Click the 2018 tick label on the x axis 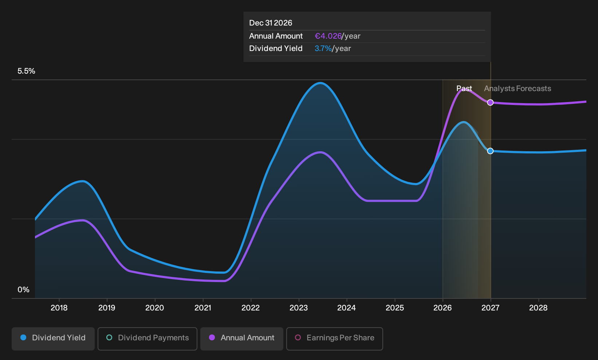click(59, 308)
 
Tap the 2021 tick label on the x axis click(202, 308)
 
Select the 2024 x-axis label click(346, 308)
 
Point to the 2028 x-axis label click(538, 308)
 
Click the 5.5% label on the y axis click(26, 71)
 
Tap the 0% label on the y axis click(24, 290)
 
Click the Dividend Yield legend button click(53, 339)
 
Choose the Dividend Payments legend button click(147, 339)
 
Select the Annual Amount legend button click(241, 339)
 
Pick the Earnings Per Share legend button click(334, 339)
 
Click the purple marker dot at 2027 click(491, 102)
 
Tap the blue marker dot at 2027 click(491, 151)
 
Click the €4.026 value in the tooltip click(328, 36)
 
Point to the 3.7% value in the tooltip click(323, 48)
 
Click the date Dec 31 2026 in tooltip click(271, 23)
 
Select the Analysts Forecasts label click(518, 89)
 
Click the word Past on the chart click(464, 89)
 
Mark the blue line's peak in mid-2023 click(320, 83)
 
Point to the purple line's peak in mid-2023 click(320, 153)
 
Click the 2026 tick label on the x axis click(442, 308)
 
